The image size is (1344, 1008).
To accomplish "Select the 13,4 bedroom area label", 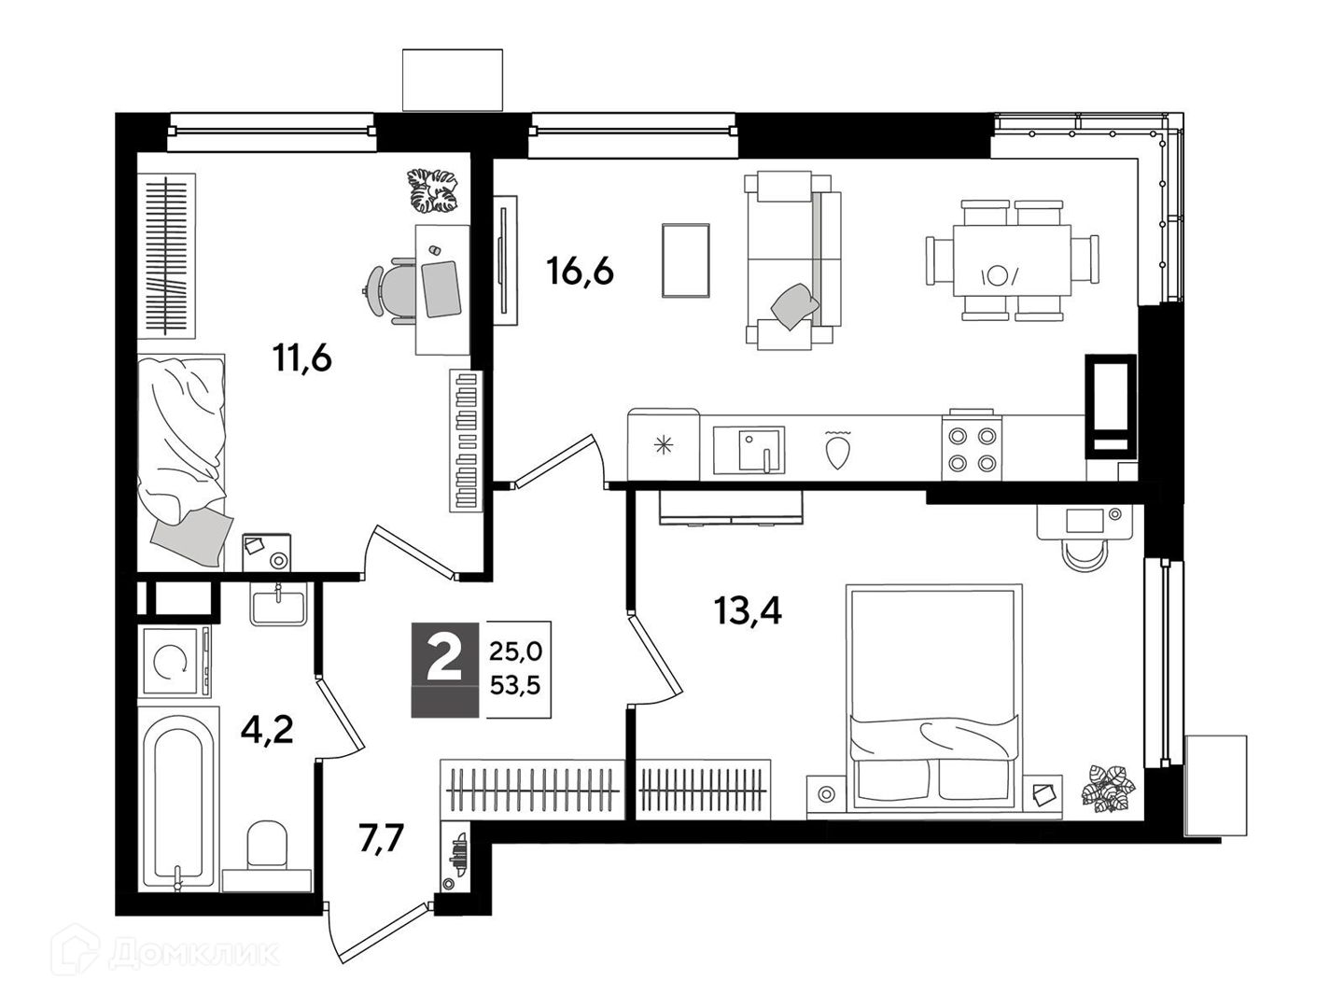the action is (748, 610).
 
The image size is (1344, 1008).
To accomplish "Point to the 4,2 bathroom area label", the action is (267, 730).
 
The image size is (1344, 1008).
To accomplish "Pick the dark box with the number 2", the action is (444, 669).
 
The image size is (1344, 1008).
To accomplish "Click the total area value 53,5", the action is (515, 685).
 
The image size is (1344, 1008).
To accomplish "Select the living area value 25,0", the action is (515, 651).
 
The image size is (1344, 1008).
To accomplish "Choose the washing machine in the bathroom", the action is (175, 662).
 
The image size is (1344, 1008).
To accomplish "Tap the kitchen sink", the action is (749, 451).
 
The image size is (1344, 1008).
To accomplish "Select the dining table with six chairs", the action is (1012, 260).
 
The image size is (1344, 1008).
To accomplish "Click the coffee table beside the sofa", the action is (686, 260).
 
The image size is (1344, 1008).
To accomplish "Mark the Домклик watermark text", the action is (165, 954).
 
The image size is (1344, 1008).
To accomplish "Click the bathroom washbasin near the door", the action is (278, 603).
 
